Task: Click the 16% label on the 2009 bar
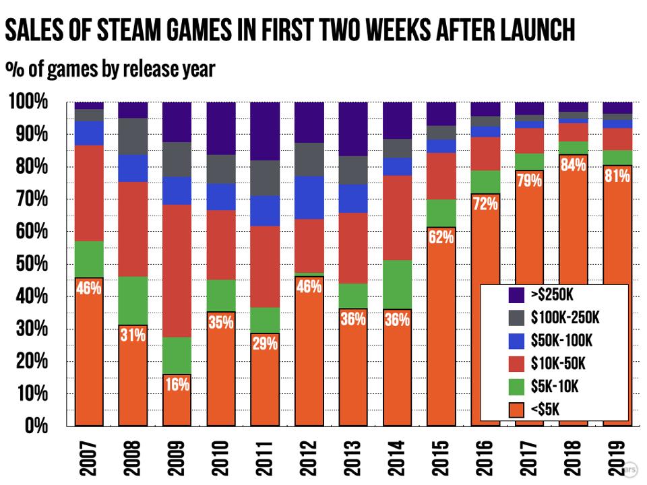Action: (177, 385)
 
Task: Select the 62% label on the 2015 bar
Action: (441, 238)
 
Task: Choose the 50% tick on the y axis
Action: (28, 264)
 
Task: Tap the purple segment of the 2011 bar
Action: (265, 131)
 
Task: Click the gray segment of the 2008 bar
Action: (133, 136)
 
